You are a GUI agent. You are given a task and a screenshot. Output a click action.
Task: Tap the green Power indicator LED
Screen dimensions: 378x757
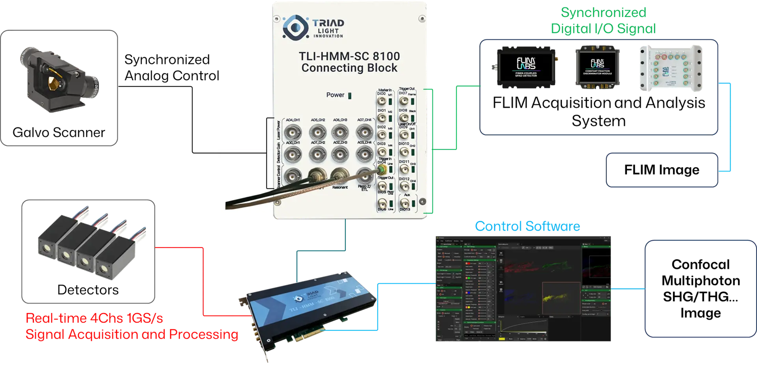point(350,95)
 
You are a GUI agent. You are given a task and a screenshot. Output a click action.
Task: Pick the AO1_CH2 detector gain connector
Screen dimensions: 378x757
point(318,155)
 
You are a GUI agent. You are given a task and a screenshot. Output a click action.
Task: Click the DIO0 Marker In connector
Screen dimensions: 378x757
point(382,101)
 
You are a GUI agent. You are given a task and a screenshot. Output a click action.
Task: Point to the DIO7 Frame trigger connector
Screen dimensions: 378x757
point(404,101)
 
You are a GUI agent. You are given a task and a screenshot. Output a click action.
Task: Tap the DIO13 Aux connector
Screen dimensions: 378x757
point(405,203)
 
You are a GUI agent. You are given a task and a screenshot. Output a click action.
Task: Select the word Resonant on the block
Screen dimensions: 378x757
point(340,187)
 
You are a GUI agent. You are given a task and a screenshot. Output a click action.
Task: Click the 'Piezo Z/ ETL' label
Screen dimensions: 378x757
point(364,188)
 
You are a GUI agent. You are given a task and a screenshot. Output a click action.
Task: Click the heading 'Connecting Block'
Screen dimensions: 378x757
point(349,68)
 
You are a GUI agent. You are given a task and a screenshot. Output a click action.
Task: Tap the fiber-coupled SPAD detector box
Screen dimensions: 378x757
point(526,67)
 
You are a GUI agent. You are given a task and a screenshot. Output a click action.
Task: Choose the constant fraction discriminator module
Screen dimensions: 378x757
point(597,68)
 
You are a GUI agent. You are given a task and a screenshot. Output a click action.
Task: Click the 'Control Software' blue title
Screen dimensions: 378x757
point(527,226)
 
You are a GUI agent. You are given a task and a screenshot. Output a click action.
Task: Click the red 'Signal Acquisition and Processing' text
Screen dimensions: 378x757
point(132,335)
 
